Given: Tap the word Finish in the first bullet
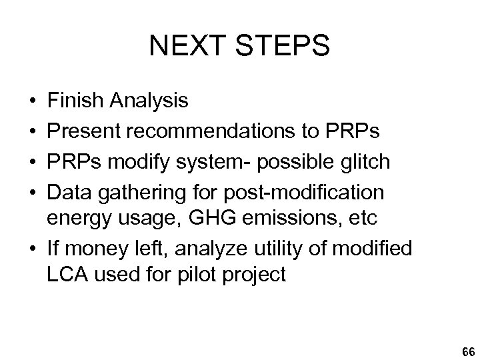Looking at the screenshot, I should (71, 101).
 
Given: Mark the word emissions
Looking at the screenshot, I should (281, 217).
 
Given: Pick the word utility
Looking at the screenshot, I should (283, 248).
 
